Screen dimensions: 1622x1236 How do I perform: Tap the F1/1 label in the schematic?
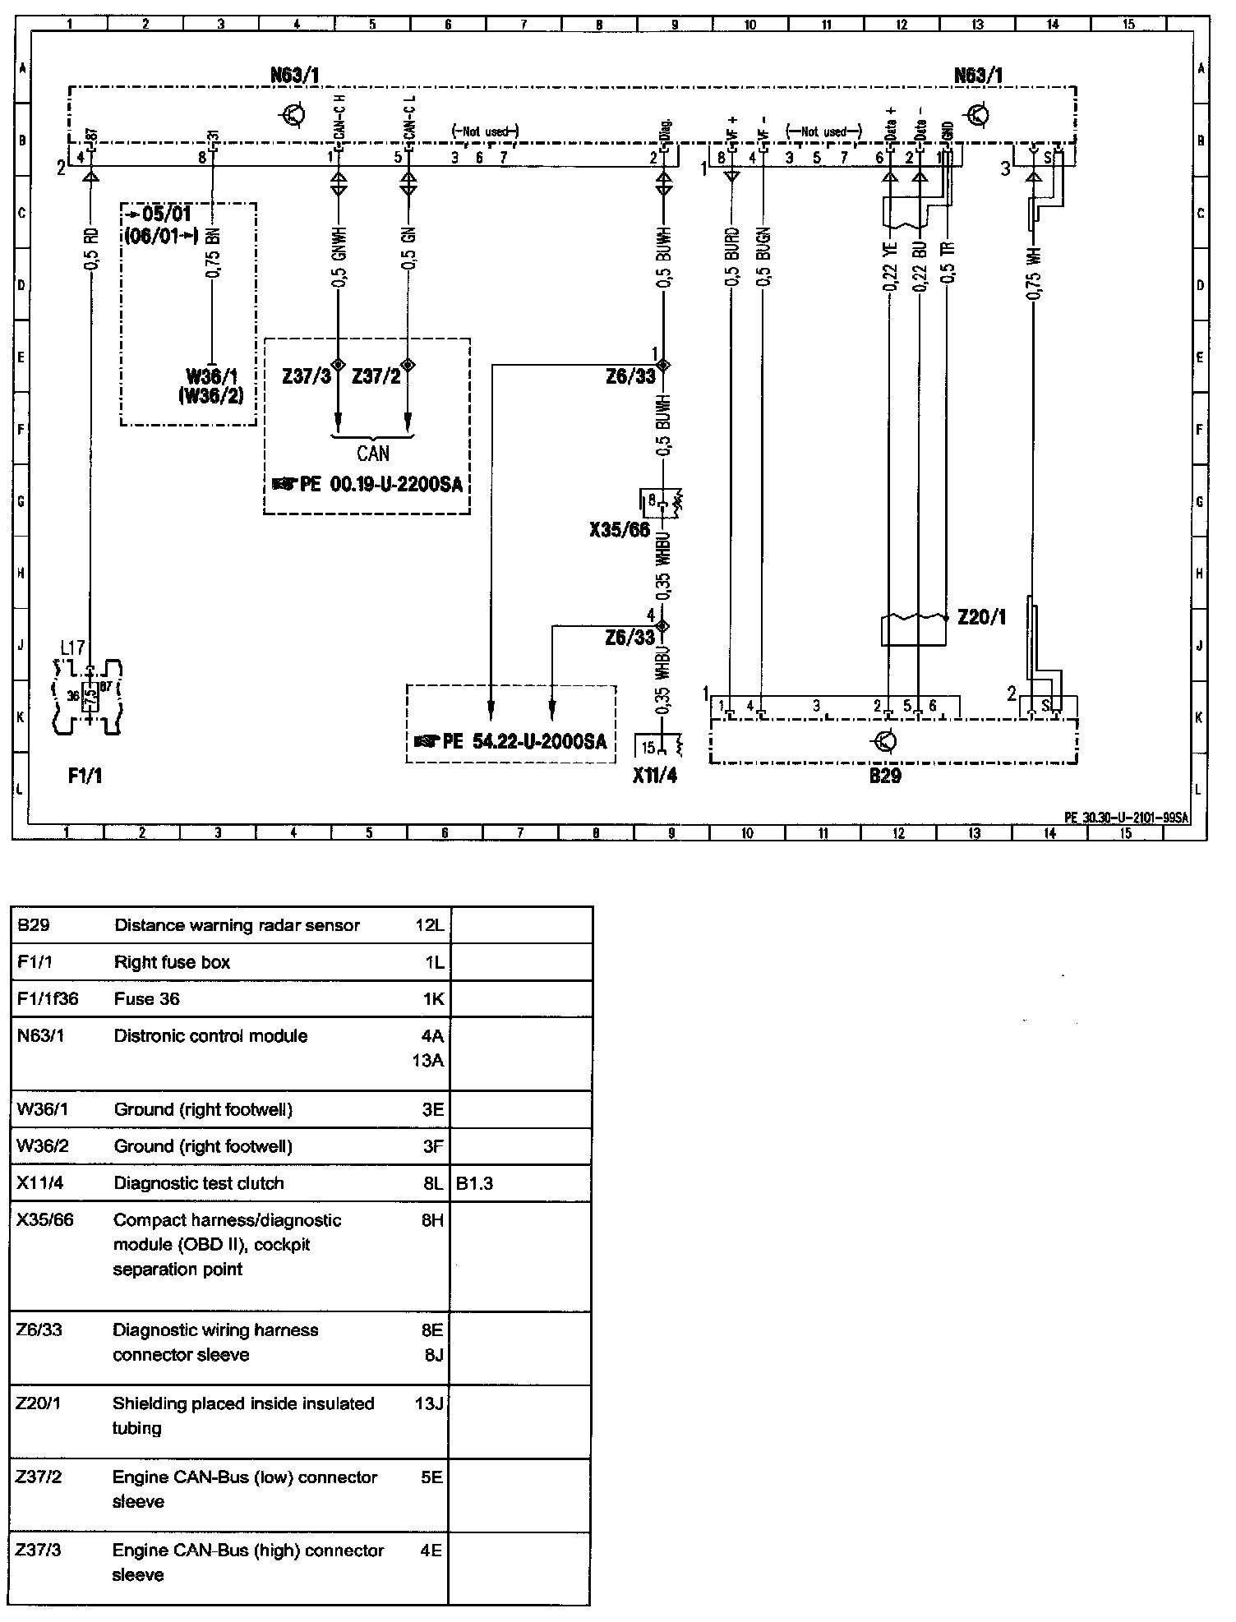(85, 776)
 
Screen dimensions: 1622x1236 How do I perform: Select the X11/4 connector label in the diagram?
(655, 775)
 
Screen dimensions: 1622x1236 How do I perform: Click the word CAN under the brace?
(373, 454)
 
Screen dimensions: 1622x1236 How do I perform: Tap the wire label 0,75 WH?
(1033, 272)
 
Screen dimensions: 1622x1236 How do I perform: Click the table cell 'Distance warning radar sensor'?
(237, 925)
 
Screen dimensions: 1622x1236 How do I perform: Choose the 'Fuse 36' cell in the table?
(146, 998)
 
